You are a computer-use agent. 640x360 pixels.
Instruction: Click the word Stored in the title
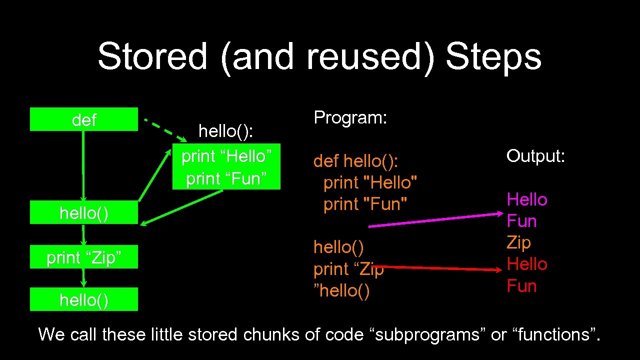(152, 56)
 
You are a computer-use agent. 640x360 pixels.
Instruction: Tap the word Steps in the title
(493, 56)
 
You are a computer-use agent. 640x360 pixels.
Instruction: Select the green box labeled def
(84, 119)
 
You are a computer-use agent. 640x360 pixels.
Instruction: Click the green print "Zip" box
(84, 257)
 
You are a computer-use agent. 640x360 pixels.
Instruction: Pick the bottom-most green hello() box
(84, 299)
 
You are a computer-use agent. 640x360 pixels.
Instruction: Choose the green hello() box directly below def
(84, 212)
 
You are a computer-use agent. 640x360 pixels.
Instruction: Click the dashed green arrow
(165, 128)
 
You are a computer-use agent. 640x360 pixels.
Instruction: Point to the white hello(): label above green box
(226, 131)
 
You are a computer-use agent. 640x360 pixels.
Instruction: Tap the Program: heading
(350, 117)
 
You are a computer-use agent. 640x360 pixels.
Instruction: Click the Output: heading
(535, 156)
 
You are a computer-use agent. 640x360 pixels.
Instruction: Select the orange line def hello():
(355, 161)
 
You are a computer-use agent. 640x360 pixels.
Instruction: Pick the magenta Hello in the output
(527, 199)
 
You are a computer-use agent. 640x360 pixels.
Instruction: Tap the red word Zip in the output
(518, 242)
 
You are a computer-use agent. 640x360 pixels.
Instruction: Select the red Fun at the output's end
(521, 286)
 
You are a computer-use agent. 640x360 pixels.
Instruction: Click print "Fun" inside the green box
(226, 178)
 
